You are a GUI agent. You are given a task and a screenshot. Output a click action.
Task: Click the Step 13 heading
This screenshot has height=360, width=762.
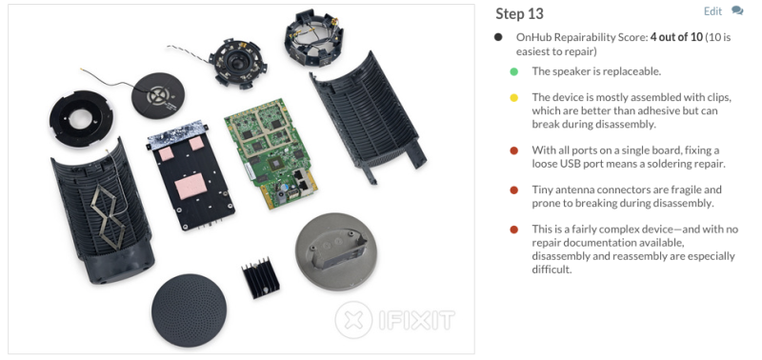519,14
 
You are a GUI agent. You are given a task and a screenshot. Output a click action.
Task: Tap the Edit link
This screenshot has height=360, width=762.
712,11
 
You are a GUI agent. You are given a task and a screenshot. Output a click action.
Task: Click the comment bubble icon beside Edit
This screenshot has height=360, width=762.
737,10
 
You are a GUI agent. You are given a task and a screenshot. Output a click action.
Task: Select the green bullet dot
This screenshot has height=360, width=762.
514,71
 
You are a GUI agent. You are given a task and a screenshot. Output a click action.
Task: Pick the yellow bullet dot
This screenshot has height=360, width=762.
514,98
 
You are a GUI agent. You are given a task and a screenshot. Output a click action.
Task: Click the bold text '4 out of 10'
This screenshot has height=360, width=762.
676,37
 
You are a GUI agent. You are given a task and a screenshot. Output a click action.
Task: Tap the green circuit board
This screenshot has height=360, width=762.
271,152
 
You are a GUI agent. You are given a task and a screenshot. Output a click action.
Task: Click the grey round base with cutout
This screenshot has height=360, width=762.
336,251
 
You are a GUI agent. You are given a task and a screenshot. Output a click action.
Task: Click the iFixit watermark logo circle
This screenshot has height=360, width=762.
353,320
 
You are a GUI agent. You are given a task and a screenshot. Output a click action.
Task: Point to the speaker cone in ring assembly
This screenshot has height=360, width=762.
237,63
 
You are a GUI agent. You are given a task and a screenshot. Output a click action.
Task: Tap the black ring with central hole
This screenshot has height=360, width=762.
81,118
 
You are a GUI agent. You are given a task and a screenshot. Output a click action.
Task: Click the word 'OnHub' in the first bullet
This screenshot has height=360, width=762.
532,37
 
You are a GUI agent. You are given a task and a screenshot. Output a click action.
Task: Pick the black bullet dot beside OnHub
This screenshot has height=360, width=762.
498,37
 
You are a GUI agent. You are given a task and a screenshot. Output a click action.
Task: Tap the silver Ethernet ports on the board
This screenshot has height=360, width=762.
300,179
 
